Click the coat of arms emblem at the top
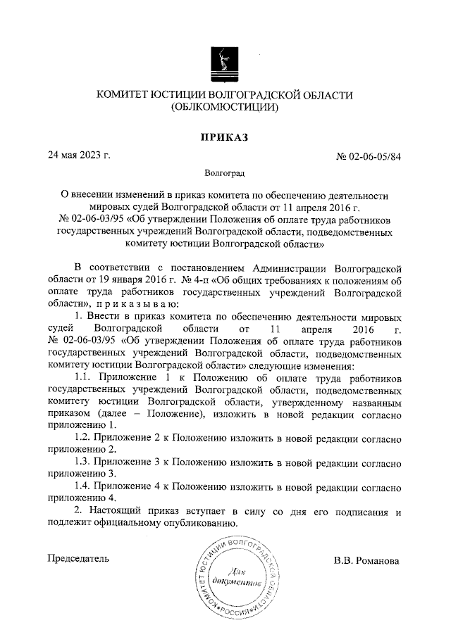[225, 63]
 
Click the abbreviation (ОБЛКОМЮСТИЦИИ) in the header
[225, 108]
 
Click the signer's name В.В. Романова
[366, 561]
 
